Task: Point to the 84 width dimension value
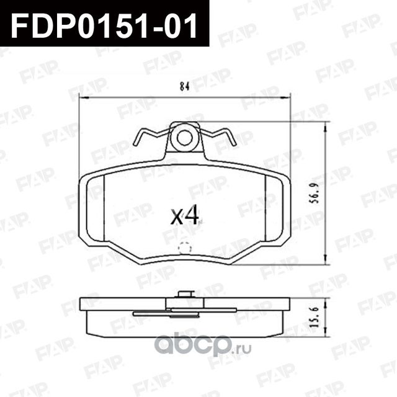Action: (184, 87)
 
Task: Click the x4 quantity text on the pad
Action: (184, 215)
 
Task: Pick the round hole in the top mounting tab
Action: (184, 137)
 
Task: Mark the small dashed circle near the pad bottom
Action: (184, 247)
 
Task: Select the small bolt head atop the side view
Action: (184, 293)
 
